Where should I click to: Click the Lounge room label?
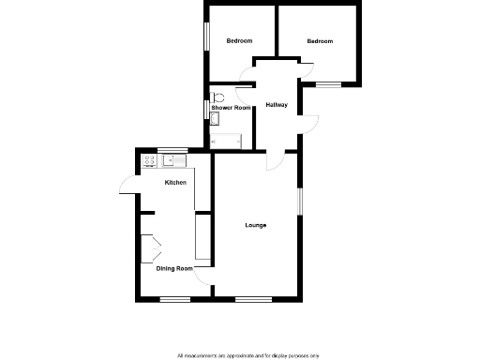click(256, 225)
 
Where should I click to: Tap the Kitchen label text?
click(175, 182)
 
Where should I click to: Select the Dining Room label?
click(174, 269)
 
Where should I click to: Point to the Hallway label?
click(277, 104)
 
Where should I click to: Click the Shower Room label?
click(231, 109)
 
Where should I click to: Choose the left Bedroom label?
click(239, 41)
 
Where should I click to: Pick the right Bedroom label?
click(320, 41)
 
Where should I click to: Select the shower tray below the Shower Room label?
click(226, 141)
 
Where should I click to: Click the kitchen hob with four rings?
click(149, 163)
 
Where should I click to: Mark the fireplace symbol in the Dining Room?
click(149, 247)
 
